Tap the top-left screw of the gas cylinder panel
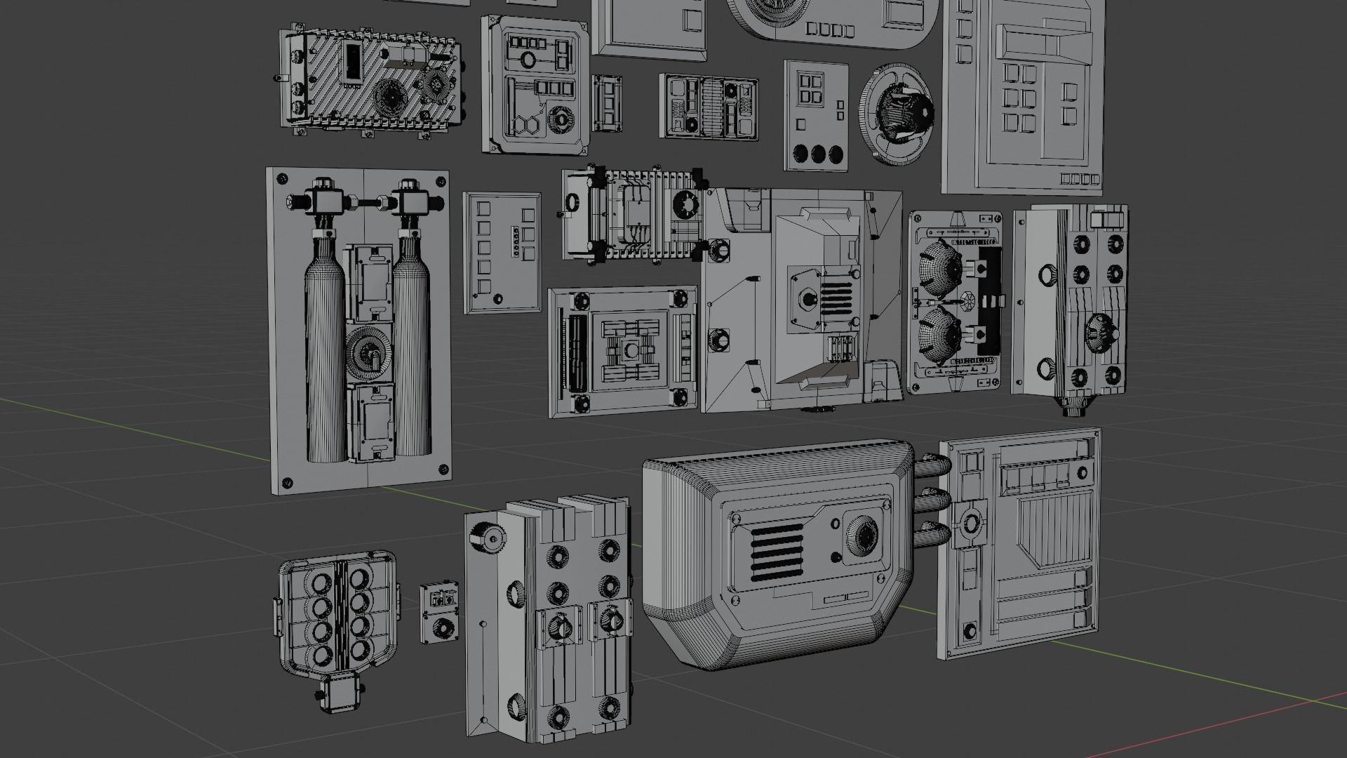pos(282,178)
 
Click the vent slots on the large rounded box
pos(777,554)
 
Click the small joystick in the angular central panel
pos(807,302)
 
